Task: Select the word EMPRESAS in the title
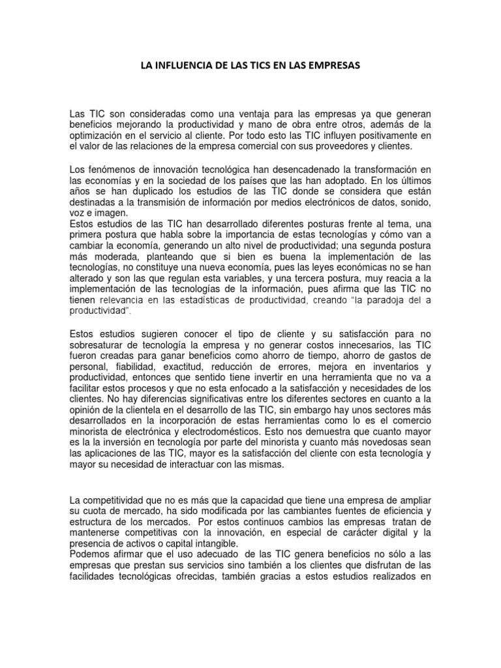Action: [x=333, y=66]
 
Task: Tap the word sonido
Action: [x=414, y=202]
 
